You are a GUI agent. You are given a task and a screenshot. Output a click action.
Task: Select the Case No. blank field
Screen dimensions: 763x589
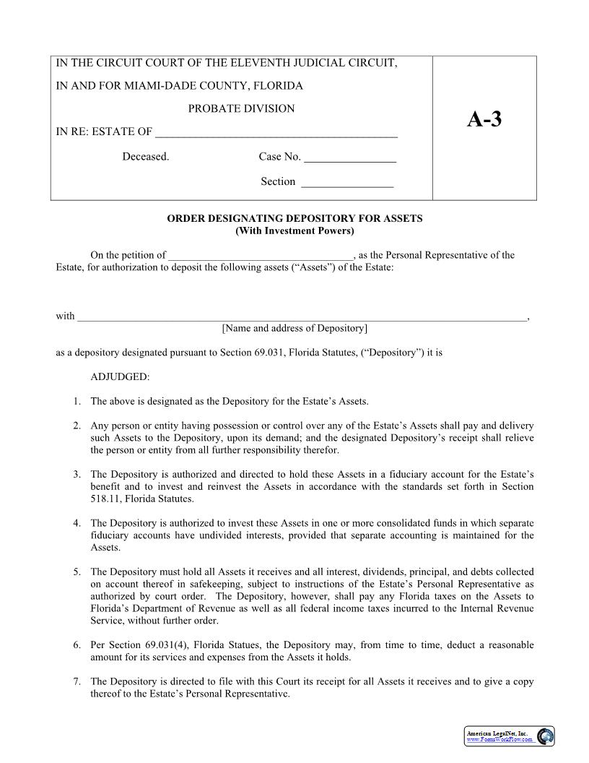point(350,158)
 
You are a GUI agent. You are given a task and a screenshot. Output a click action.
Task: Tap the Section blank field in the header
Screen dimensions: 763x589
point(346,183)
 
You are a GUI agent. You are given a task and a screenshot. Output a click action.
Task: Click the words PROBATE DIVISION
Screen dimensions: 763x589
point(241,108)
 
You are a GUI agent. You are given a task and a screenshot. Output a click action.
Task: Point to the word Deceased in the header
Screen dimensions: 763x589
point(145,157)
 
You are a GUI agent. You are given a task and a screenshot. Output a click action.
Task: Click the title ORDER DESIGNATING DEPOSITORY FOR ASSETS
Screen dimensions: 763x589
point(294,218)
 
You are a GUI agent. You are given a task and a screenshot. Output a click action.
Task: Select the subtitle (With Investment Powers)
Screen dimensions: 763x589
point(294,231)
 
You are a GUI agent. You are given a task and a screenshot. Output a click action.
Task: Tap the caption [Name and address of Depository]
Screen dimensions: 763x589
point(294,328)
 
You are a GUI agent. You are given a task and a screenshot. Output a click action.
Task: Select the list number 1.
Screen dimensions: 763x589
point(77,401)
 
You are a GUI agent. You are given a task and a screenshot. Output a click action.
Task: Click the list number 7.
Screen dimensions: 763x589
point(77,682)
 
